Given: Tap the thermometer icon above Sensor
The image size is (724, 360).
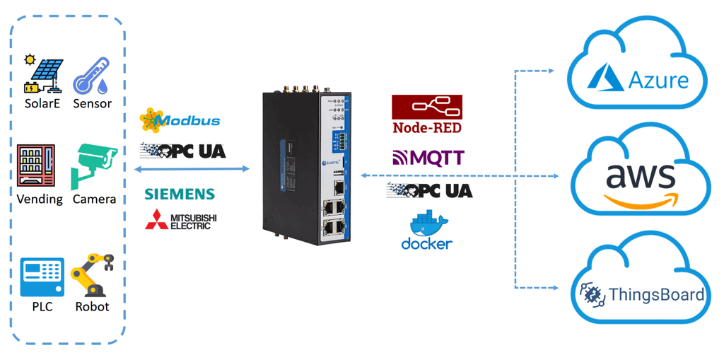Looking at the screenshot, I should [91, 74].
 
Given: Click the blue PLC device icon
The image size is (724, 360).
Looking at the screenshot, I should [41, 277].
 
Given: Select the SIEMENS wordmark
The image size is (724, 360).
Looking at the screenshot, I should [180, 194].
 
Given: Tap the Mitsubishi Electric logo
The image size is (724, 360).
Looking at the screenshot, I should [181, 220].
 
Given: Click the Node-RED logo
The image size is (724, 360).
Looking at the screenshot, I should [427, 115].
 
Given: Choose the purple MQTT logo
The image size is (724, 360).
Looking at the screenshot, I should [428, 157].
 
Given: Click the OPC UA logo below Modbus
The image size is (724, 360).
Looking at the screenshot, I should [183, 150].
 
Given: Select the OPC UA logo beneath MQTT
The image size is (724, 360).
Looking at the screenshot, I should [429, 190].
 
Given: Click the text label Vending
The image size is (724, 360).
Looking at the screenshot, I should [40, 199].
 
